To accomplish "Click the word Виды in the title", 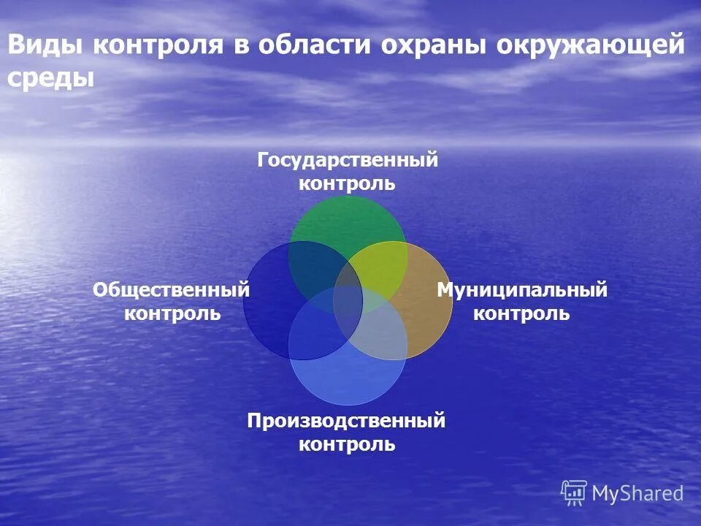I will coord(45,46).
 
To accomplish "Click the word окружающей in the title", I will coord(591,46).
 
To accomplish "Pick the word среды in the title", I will coord(51,78).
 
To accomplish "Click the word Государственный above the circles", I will coord(348,160).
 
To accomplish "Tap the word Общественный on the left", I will coord(172,290).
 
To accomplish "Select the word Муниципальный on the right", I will coord(522,290).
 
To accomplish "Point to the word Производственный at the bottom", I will coord(346,421).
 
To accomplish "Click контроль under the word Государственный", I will coord(347,183).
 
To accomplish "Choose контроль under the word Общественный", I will coord(172,313).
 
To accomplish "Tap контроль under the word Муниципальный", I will coord(521,313).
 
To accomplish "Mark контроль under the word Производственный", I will coord(347,444).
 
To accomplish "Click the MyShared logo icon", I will coord(574,493).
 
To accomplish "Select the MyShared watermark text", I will coord(637,494).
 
